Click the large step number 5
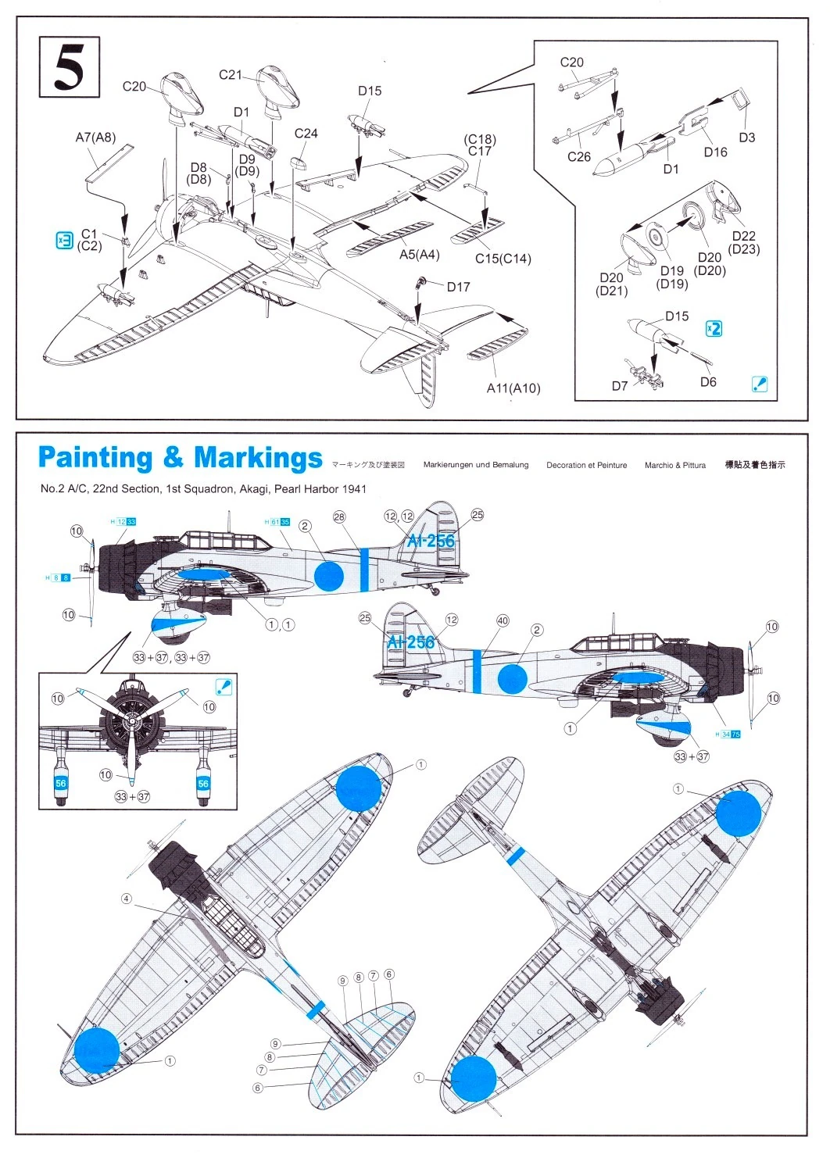point(69,67)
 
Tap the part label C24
point(306,134)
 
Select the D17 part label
point(458,287)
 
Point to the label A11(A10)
point(513,388)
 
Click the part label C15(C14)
point(503,259)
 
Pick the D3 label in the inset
point(746,138)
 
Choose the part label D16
point(715,152)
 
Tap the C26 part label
point(579,156)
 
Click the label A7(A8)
point(95,138)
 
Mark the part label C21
point(231,75)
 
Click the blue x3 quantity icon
point(64,240)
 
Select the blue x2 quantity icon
point(714,328)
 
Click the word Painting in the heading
point(95,458)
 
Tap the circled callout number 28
point(339,516)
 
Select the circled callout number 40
point(503,620)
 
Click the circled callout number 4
point(127,899)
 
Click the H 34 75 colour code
point(728,734)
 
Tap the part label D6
point(708,381)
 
